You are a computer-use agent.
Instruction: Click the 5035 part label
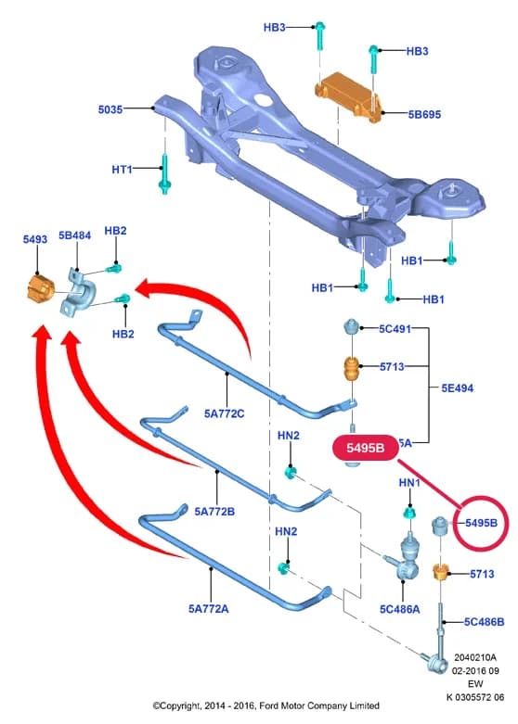[110, 109]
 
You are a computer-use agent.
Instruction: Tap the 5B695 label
[424, 115]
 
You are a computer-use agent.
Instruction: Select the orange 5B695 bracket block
[349, 97]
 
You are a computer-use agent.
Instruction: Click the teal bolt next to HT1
[164, 174]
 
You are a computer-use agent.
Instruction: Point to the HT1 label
[123, 170]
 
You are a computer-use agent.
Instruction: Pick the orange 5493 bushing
[39, 289]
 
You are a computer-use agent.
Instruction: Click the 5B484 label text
[74, 235]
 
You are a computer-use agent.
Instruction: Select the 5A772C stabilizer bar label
[225, 413]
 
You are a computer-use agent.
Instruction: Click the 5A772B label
[214, 512]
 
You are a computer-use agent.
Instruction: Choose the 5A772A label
[209, 609]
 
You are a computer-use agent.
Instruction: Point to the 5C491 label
[395, 329]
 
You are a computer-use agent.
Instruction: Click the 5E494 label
[458, 388]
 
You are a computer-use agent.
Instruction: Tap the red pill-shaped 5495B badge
[366, 448]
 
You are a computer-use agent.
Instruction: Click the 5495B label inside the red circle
[482, 523]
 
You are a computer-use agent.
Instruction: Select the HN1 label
[409, 483]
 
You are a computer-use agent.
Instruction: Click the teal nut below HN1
[409, 513]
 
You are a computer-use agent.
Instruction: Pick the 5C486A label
[400, 609]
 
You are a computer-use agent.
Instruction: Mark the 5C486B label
[485, 622]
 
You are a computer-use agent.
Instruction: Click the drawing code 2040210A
[475, 657]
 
